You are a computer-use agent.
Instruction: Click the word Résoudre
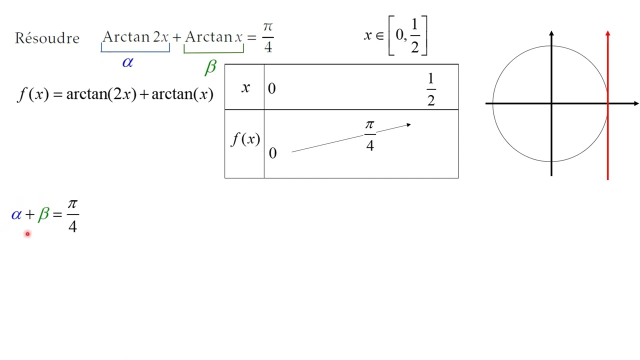(x=47, y=38)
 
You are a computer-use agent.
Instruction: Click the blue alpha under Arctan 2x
(x=127, y=62)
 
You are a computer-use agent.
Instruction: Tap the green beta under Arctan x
(x=210, y=67)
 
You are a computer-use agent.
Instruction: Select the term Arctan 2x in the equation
(x=135, y=37)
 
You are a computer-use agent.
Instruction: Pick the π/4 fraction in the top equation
(x=267, y=37)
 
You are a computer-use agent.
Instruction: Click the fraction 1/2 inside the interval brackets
(x=414, y=36)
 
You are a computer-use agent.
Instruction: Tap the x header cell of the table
(x=245, y=87)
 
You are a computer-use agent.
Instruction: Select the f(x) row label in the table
(x=245, y=139)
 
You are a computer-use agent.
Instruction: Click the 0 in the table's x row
(x=272, y=89)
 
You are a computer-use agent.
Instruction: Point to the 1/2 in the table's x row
(x=430, y=90)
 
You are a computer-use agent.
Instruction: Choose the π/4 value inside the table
(x=369, y=135)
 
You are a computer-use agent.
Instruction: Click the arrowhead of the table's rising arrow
(x=408, y=124)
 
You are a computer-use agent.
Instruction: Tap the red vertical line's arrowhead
(x=607, y=34)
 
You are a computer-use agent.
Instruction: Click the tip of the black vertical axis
(x=551, y=33)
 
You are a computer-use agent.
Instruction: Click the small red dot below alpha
(x=27, y=233)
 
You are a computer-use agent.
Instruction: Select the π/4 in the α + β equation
(x=72, y=215)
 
